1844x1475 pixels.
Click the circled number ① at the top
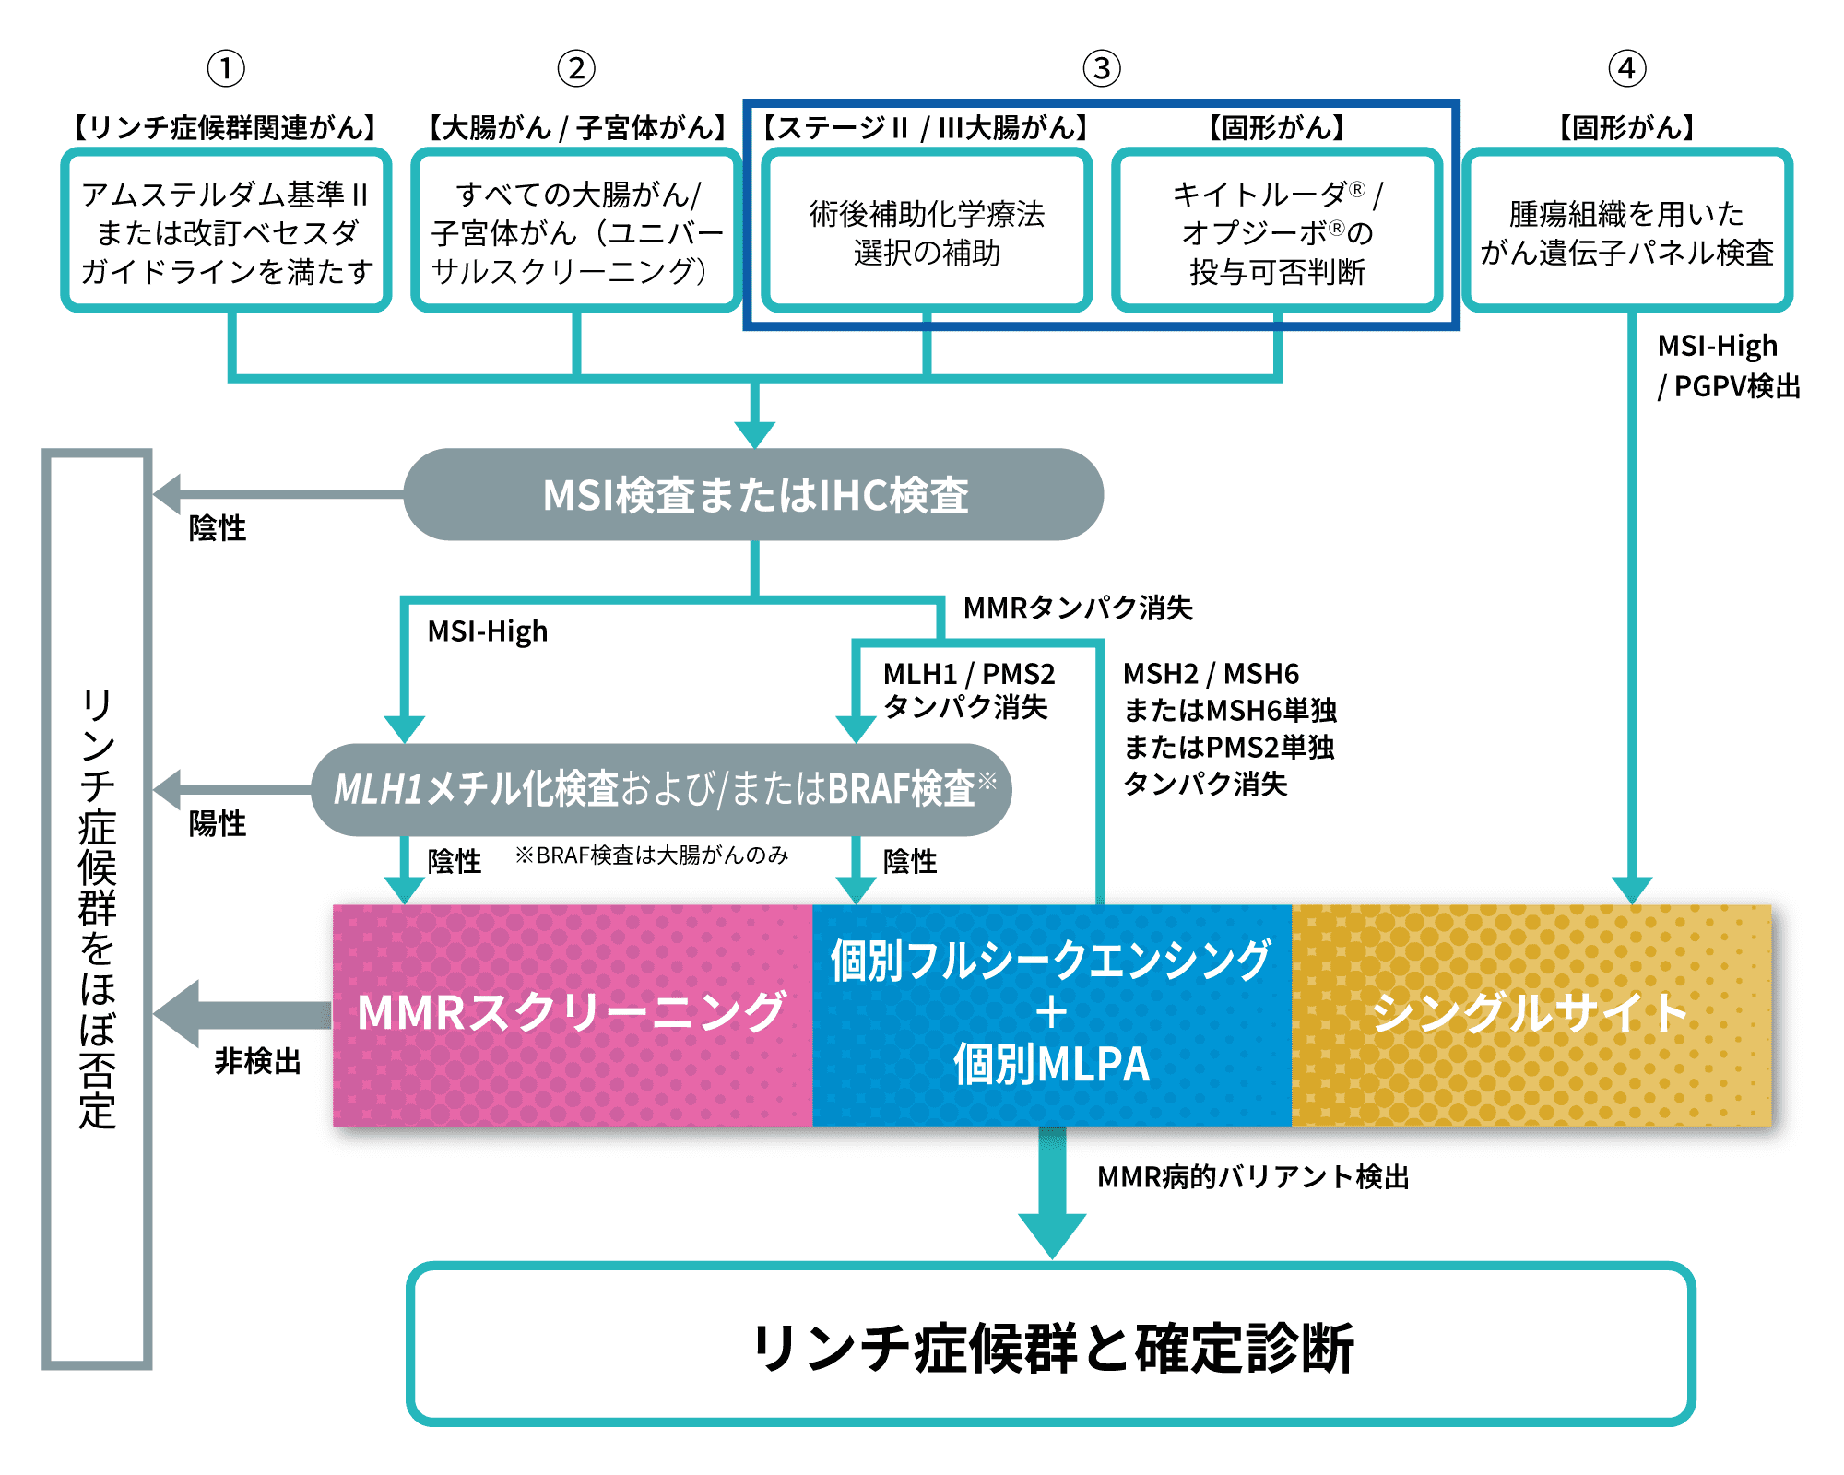pos(226,68)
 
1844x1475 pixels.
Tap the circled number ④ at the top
pos(1626,68)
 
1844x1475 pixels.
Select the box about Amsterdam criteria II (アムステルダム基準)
pos(226,231)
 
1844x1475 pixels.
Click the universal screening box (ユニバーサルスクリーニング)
pos(576,231)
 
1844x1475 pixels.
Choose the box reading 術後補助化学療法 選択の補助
pos(927,231)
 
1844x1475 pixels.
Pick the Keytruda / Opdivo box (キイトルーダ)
pos(1277,231)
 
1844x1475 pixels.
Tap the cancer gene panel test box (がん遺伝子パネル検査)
pos(1626,231)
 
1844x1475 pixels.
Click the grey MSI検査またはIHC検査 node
pos(754,495)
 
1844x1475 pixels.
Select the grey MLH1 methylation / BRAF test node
pos(662,789)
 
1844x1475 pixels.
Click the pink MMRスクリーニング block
pos(572,1014)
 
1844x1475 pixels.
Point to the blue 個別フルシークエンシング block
pos(1051,1014)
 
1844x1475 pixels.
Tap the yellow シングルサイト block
pos(1531,1014)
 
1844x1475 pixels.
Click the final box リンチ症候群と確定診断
pos(1051,1346)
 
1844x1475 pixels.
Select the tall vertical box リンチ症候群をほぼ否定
pos(97,908)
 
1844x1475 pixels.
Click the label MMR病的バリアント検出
pos(1253,1177)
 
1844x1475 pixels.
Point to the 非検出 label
pos(257,1061)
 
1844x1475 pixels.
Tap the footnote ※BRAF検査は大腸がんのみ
pos(652,855)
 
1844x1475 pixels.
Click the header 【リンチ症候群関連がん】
pos(226,127)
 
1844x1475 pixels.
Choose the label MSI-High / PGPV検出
pos(1727,366)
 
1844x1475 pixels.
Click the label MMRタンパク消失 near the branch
pos(1077,608)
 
